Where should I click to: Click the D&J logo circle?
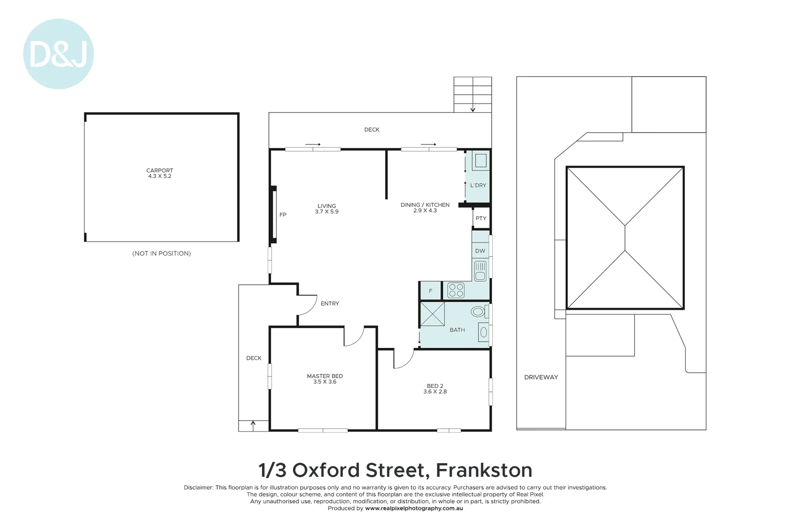coord(58,54)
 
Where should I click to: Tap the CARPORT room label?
coord(160,171)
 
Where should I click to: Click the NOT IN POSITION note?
coord(162,253)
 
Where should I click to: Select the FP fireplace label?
coord(283,215)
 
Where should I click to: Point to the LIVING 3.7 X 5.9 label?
coord(327,209)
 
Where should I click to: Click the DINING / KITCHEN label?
coord(425,205)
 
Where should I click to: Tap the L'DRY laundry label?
coord(478,185)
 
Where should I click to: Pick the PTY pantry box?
coord(481,218)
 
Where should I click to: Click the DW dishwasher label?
coord(480,251)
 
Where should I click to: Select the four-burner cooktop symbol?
coord(456,290)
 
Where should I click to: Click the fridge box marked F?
coord(430,291)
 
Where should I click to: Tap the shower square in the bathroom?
coord(433,314)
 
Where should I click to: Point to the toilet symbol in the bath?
coord(478,311)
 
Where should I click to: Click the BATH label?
coord(457,330)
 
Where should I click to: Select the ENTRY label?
coord(330,304)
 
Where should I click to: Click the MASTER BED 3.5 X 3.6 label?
coord(325,379)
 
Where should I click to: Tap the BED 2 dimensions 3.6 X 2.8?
coord(435,392)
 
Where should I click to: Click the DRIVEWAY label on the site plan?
coord(541,377)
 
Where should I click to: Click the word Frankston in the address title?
coord(483,470)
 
